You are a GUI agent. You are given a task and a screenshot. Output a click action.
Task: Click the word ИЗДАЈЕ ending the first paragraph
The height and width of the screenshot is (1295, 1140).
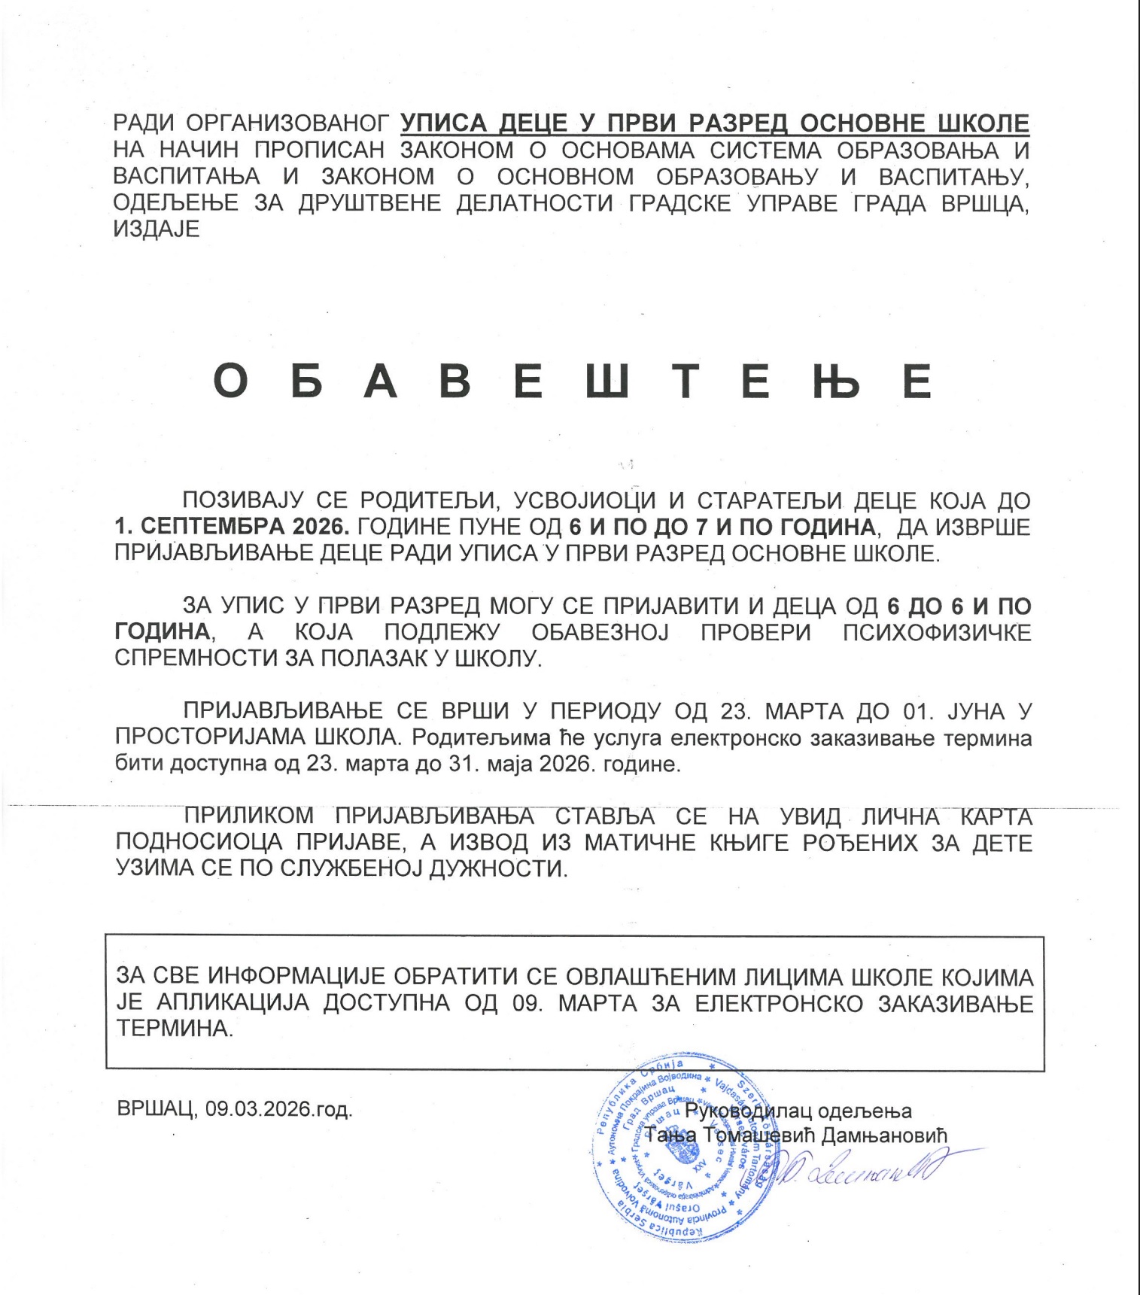coord(157,229)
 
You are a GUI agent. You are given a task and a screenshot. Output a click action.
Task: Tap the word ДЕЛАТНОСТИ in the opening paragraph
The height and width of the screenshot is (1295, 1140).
coord(534,203)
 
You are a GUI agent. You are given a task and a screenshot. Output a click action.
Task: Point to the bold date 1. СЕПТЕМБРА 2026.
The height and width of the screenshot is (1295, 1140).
coord(232,527)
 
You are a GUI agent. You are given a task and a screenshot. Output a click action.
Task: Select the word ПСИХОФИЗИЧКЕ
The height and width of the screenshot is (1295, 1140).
coord(937,632)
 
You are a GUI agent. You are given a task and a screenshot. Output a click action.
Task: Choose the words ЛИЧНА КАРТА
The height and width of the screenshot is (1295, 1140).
coord(947,816)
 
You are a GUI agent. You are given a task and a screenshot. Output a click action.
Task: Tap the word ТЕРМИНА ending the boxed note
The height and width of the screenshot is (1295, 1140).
coord(174,1029)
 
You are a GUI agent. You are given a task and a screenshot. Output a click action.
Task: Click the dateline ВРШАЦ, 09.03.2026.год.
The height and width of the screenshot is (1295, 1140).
coord(234,1109)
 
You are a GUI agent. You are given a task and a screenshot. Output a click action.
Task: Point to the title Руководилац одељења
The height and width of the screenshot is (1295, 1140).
coord(798,1111)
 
